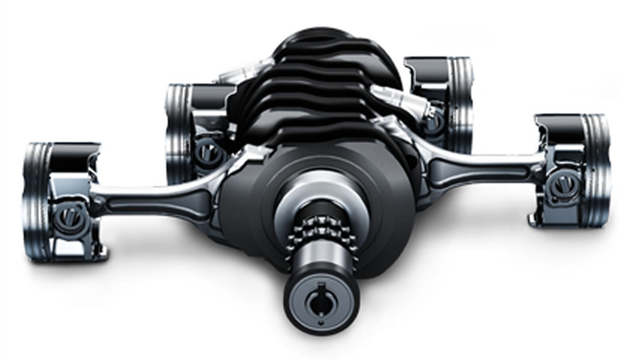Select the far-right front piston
tap(571, 169)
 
